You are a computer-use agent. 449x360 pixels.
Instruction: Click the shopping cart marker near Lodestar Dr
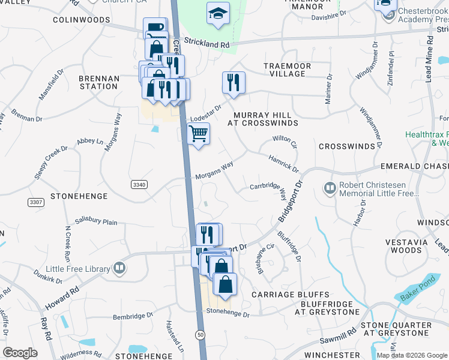[x=198, y=134]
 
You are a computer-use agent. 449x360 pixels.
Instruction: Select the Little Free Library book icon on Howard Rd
[x=119, y=268]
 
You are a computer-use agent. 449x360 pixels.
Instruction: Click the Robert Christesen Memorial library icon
[x=330, y=189]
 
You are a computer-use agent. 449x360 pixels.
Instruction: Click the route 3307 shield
[x=35, y=203]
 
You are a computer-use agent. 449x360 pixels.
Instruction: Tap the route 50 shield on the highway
[x=200, y=334]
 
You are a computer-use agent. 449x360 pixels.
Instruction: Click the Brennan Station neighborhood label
[x=99, y=82]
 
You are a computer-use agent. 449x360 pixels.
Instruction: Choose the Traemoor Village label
[x=285, y=69]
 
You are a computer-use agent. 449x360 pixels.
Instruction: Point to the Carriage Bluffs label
[x=291, y=295]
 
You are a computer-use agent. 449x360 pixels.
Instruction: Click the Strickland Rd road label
[x=207, y=42]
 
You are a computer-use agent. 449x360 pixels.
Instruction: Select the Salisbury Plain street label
[x=96, y=222]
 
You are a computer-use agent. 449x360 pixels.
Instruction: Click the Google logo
[x=20, y=353]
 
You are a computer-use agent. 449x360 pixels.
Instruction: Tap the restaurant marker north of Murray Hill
[x=233, y=82]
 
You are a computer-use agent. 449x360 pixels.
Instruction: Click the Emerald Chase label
[x=414, y=166]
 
